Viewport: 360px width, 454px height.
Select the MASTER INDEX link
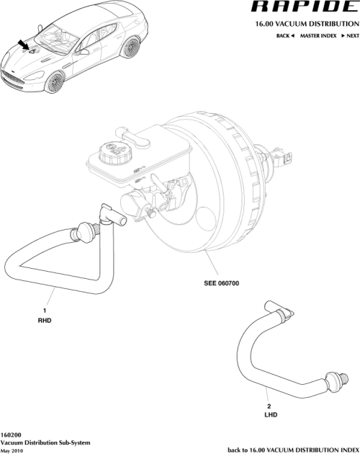coord(320,35)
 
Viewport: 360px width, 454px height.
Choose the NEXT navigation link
coord(349,35)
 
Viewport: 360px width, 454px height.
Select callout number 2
coord(269,406)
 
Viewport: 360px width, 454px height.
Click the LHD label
coord(269,416)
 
